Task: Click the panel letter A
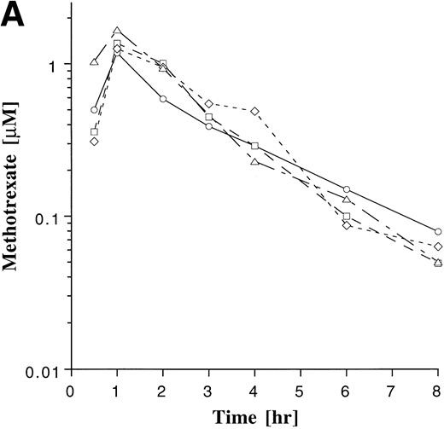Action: coord(16,16)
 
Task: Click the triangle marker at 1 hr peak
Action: coord(117,32)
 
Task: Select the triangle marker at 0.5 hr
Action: coord(94,62)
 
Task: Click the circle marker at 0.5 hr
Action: coord(94,110)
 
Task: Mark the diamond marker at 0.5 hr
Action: coord(94,142)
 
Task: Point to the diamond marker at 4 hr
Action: coord(254,112)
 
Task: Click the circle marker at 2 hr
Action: coord(163,100)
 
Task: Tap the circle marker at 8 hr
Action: coord(438,232)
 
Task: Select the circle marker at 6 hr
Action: coord(347,189)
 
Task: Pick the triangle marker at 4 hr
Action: coord(254,161)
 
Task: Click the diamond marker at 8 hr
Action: coord(438,247)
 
